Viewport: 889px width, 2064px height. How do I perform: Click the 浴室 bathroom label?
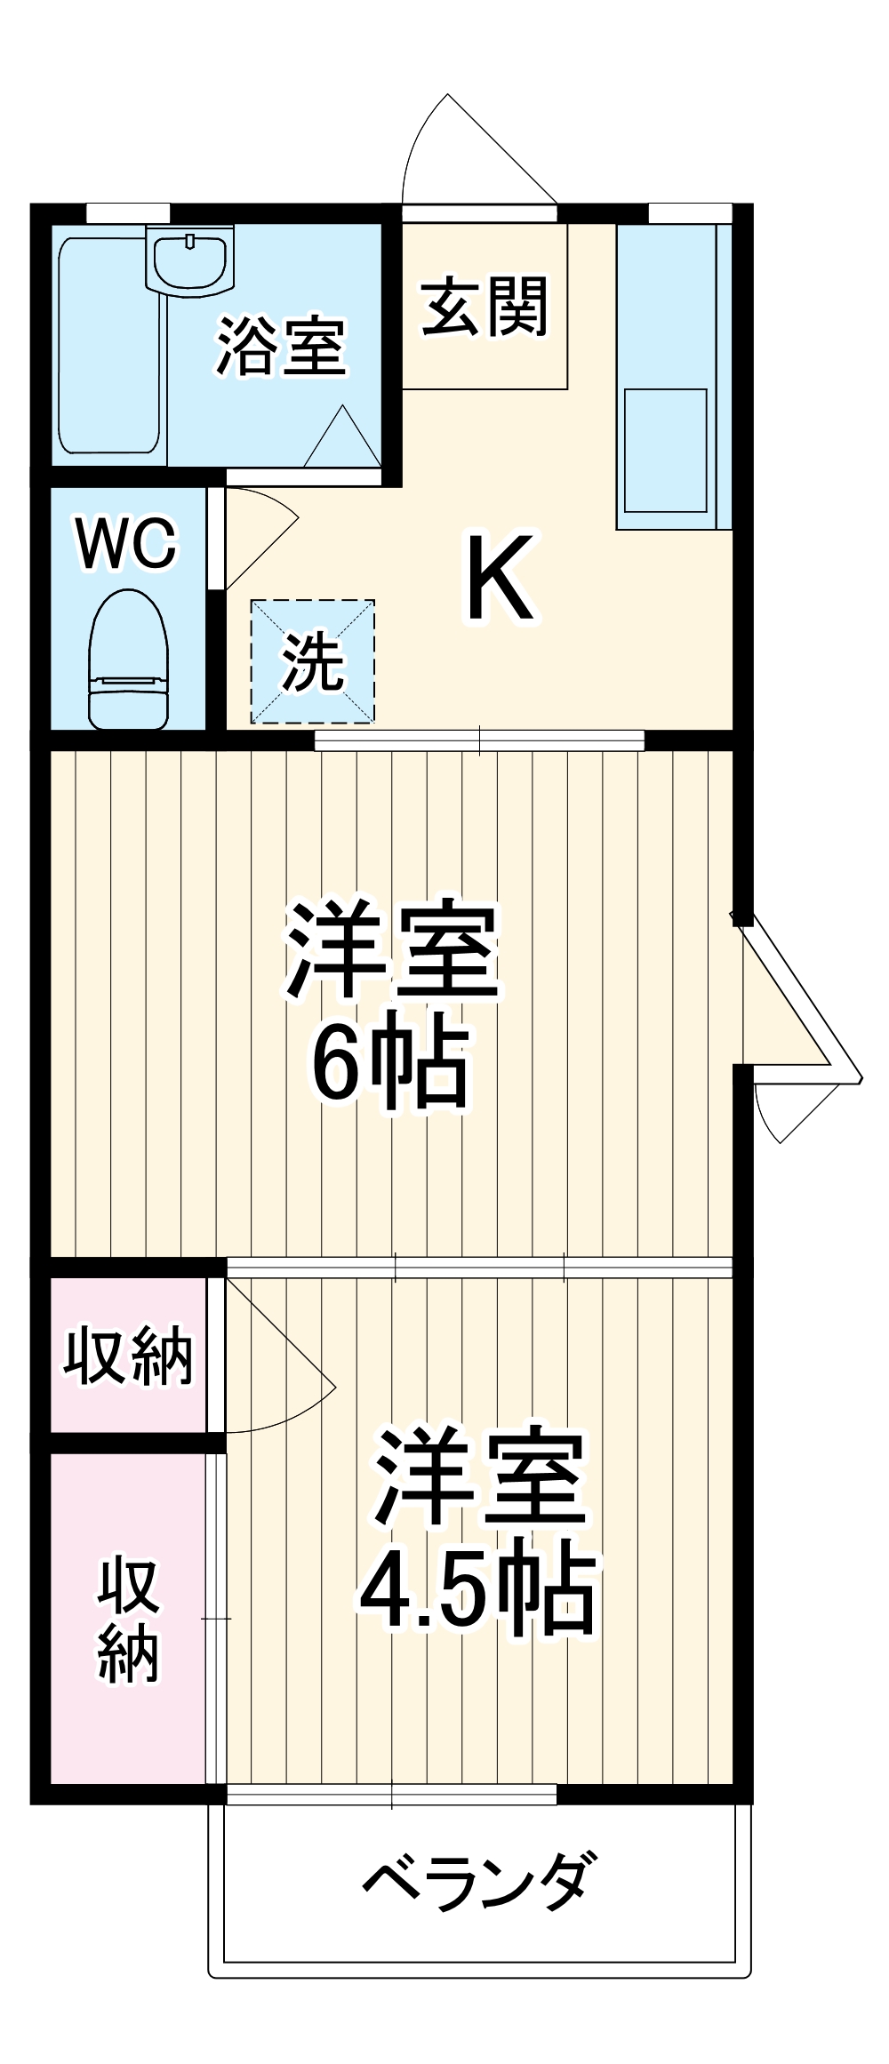pos(281,347)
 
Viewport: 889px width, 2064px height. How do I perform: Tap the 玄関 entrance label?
pos(485,307)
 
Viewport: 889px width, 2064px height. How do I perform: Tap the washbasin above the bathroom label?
pos(191,260)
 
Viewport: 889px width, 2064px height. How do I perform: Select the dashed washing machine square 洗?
pos(312,661)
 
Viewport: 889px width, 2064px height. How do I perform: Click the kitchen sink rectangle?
pos(665,450)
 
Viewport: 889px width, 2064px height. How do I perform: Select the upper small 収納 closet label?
pos(128,1356)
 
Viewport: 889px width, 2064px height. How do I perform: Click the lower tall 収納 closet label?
pos(128,1620)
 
